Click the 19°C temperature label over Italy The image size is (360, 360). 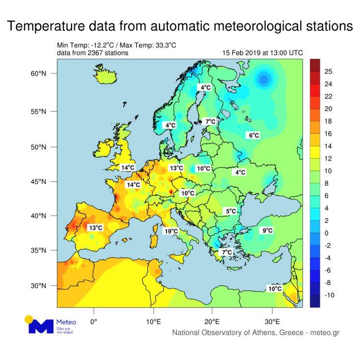coord(171,231)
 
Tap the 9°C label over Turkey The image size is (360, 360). coord(267,230)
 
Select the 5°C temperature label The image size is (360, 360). coord(230,211)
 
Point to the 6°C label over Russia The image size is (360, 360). coord(254,135)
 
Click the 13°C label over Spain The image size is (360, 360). coord(96,228)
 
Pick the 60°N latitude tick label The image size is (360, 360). coord(38,73)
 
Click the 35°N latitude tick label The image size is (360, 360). coord(38,250)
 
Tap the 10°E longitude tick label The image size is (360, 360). coord(154,322)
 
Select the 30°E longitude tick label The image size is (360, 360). coord(272,322)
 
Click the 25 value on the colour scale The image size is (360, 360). coord(329,72)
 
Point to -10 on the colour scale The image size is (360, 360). coord(329,295)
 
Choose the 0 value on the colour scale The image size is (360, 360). coord(326,233)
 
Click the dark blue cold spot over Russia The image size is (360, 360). coord(264,78)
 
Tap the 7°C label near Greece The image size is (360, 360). coord(226,252)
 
